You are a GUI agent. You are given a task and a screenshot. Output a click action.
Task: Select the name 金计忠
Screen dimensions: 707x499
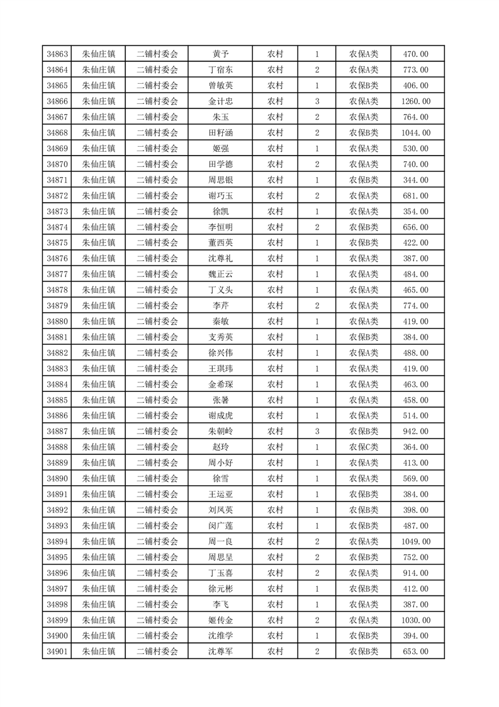pos(220,101)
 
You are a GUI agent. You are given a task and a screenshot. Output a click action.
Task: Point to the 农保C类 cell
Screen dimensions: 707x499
pos(363,447)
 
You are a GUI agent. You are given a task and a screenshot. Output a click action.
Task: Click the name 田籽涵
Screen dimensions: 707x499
pos(220,133)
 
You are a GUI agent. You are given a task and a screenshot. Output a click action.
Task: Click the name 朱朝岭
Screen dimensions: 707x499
pos(220,431)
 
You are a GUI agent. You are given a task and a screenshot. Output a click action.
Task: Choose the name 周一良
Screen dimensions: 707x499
pos(220,541)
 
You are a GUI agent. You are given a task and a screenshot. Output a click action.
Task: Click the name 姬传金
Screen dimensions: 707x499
pos(220,619)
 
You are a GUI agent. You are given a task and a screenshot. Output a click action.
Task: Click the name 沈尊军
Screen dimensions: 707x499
pos(220,651)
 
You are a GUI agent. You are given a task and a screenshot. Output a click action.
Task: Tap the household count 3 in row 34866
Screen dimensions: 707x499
pos(317,101)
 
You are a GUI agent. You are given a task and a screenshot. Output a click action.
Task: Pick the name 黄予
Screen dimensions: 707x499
pos(220,54)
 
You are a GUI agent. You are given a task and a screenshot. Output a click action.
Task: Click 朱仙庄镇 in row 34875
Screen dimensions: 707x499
pos(99,243)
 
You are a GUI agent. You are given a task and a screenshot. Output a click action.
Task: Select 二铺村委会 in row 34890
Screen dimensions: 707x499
pos(157,478)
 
